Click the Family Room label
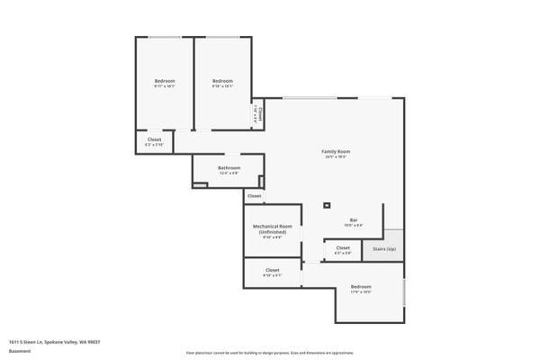(x=336, y=151)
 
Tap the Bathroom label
(x=229, y=167)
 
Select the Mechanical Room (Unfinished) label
(x=269, y=229)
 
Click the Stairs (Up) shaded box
(x=384, y=248)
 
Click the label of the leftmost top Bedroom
(x=164, y=81)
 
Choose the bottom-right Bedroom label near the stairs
(x=360, y=287)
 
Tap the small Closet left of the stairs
(x=343, y=247)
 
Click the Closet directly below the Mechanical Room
(x=272, y=270)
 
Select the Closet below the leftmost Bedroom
(x=154, y=139)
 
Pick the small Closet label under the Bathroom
(x=254, y=195)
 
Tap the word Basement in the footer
(x=19, y=352)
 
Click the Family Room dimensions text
(x=336, y=157)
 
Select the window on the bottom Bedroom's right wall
(x=405, y=292)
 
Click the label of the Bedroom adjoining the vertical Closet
(x=222, y=81)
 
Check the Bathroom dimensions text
(x=229, y=174)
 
